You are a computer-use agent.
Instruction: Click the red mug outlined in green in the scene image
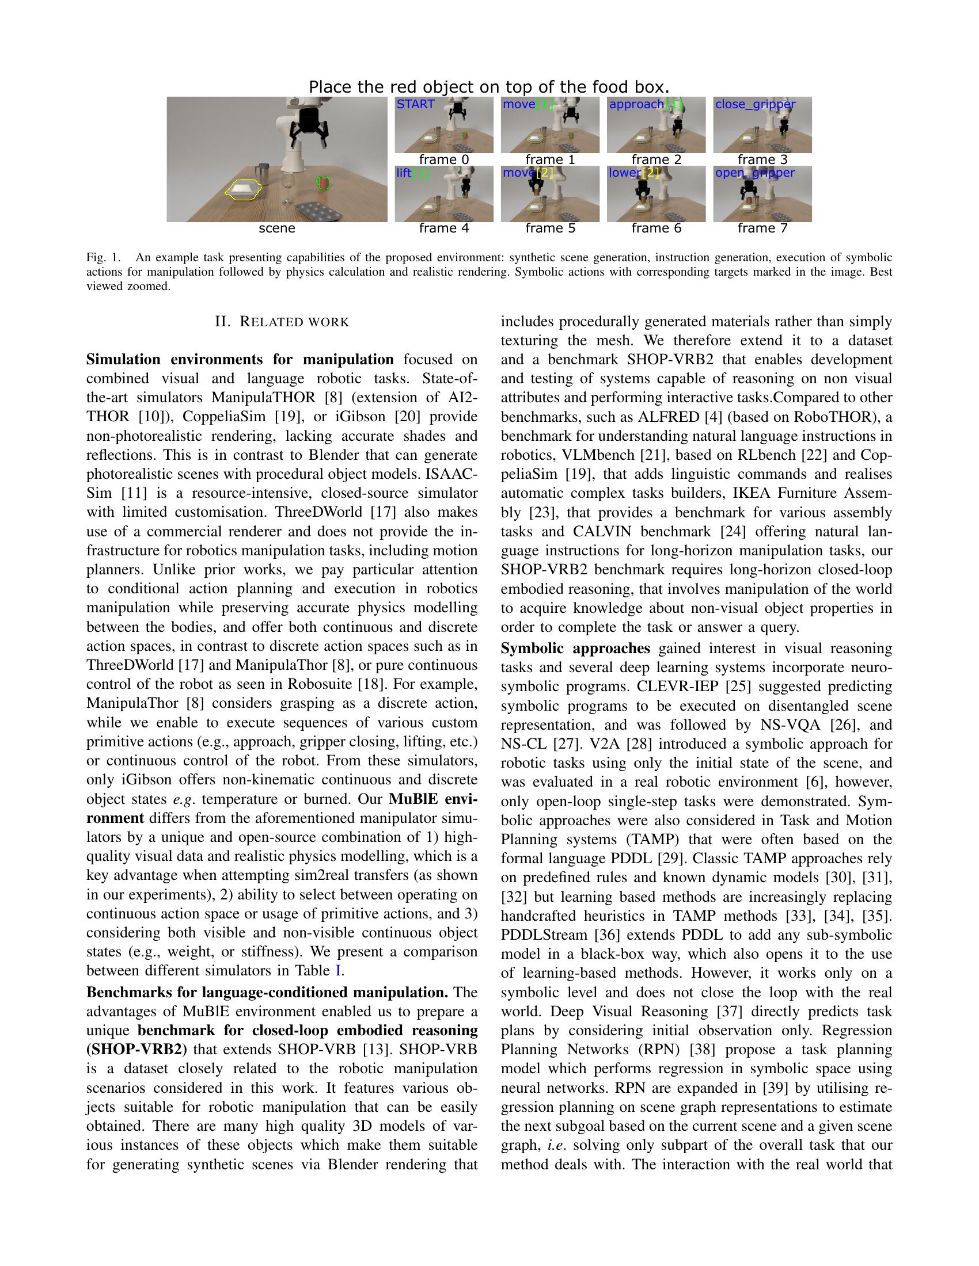(322, 183)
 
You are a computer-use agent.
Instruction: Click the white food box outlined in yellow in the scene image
(243, 190)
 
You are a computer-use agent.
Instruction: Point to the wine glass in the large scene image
(287, 186)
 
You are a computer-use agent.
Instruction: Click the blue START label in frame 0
(415, 104)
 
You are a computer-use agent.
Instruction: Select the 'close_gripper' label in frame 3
(755, 104)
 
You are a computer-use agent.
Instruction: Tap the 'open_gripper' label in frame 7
(754, 173)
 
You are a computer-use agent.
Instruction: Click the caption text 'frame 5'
(550, 228)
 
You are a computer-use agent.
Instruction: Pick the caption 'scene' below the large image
(276, 228)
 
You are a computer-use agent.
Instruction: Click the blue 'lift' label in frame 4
(404, 173)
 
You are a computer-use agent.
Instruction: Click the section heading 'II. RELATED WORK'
(282, 322)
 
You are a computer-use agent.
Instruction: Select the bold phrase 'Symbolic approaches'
(575, 648)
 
